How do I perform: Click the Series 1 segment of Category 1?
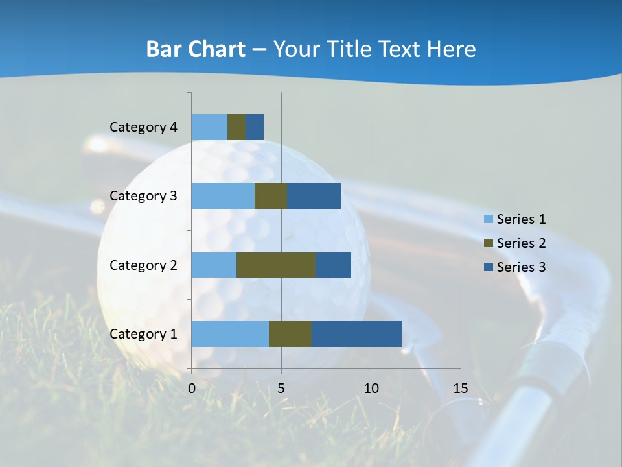(230, 333)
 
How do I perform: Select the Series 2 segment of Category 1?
(290, 333)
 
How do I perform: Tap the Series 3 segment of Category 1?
(356, 333)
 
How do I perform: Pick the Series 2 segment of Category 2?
(276, 265)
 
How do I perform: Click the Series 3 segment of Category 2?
(333, 265)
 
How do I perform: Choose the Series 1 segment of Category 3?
(223, 196)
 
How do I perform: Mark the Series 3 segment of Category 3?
(314, 196)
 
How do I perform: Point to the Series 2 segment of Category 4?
(236, 127)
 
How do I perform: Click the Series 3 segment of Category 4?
(255, 127)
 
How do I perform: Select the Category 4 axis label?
(143, 127)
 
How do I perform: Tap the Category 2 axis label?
(143, 265)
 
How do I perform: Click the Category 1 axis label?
(143, 334)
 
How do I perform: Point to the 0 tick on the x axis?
(192, 388)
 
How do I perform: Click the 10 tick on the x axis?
(371, 388)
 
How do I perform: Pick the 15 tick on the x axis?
(460, 388)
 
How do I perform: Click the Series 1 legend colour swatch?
(488, 219)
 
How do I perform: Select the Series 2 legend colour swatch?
(488, 243)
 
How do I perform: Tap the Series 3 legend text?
(521, 267)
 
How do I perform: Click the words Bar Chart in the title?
(196, 49)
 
